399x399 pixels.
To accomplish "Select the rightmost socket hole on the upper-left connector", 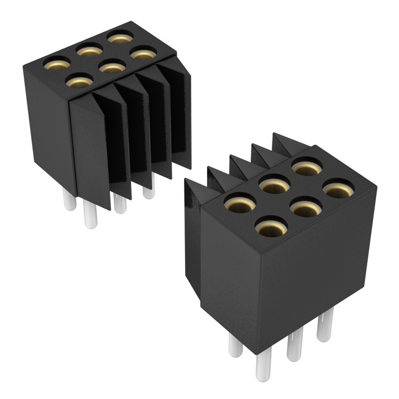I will (143, 55).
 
